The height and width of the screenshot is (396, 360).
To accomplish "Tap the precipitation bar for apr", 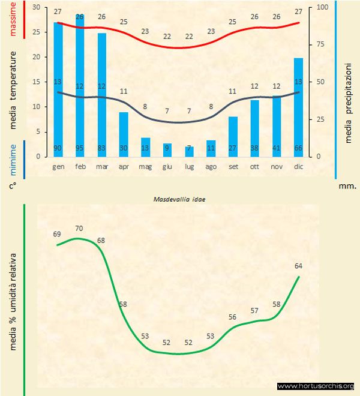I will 124,134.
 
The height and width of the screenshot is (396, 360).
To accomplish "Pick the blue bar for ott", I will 254,128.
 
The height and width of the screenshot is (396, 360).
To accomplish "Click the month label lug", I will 189,166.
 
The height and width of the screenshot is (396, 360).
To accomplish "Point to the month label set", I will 233,166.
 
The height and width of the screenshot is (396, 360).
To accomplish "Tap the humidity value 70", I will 79,228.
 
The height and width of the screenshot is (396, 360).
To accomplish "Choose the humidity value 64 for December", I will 298,265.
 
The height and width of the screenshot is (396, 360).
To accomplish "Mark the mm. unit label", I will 347,186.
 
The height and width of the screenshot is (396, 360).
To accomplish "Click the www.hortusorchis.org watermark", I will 316,386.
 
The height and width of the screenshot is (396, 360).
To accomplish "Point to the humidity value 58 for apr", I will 123,304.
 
